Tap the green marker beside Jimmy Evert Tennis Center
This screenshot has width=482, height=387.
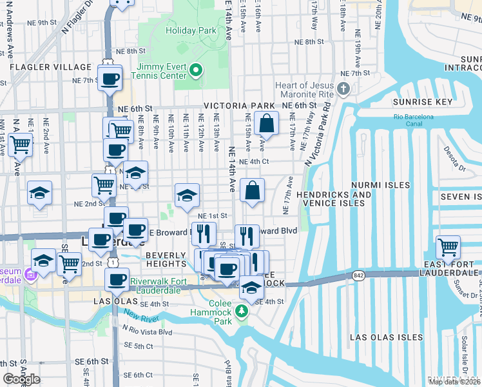[x=197, y=70]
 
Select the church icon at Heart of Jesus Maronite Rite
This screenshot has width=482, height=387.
[x=344, y=88]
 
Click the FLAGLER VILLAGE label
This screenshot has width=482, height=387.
[x=50, y=67]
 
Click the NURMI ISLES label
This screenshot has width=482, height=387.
[x=380, y=185]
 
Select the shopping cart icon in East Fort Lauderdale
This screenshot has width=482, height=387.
[x=448, y=246]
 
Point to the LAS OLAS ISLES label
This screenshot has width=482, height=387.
[x=386, y=337]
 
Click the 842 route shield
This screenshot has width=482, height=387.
[x=358, y=275]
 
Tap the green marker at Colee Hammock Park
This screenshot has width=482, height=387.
[x=242, y=312]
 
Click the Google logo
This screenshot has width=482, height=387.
[x=21, y=379]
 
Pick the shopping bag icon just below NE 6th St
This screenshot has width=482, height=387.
[x=265, y=123]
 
